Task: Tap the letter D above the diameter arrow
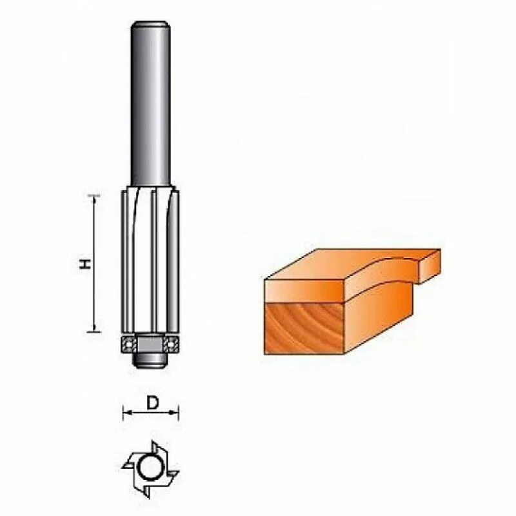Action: [152, 404]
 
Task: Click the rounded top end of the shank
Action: [150, 26]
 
